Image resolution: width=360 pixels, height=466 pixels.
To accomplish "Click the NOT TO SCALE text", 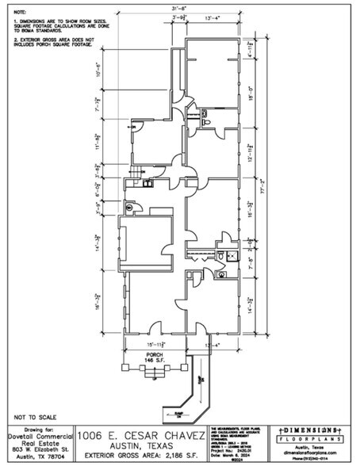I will [x=34, y=416].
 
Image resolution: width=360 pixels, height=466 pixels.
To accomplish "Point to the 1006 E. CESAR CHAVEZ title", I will [x=138, y=435].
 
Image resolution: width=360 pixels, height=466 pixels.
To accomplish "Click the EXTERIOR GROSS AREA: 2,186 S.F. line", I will [x=138, y=457].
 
